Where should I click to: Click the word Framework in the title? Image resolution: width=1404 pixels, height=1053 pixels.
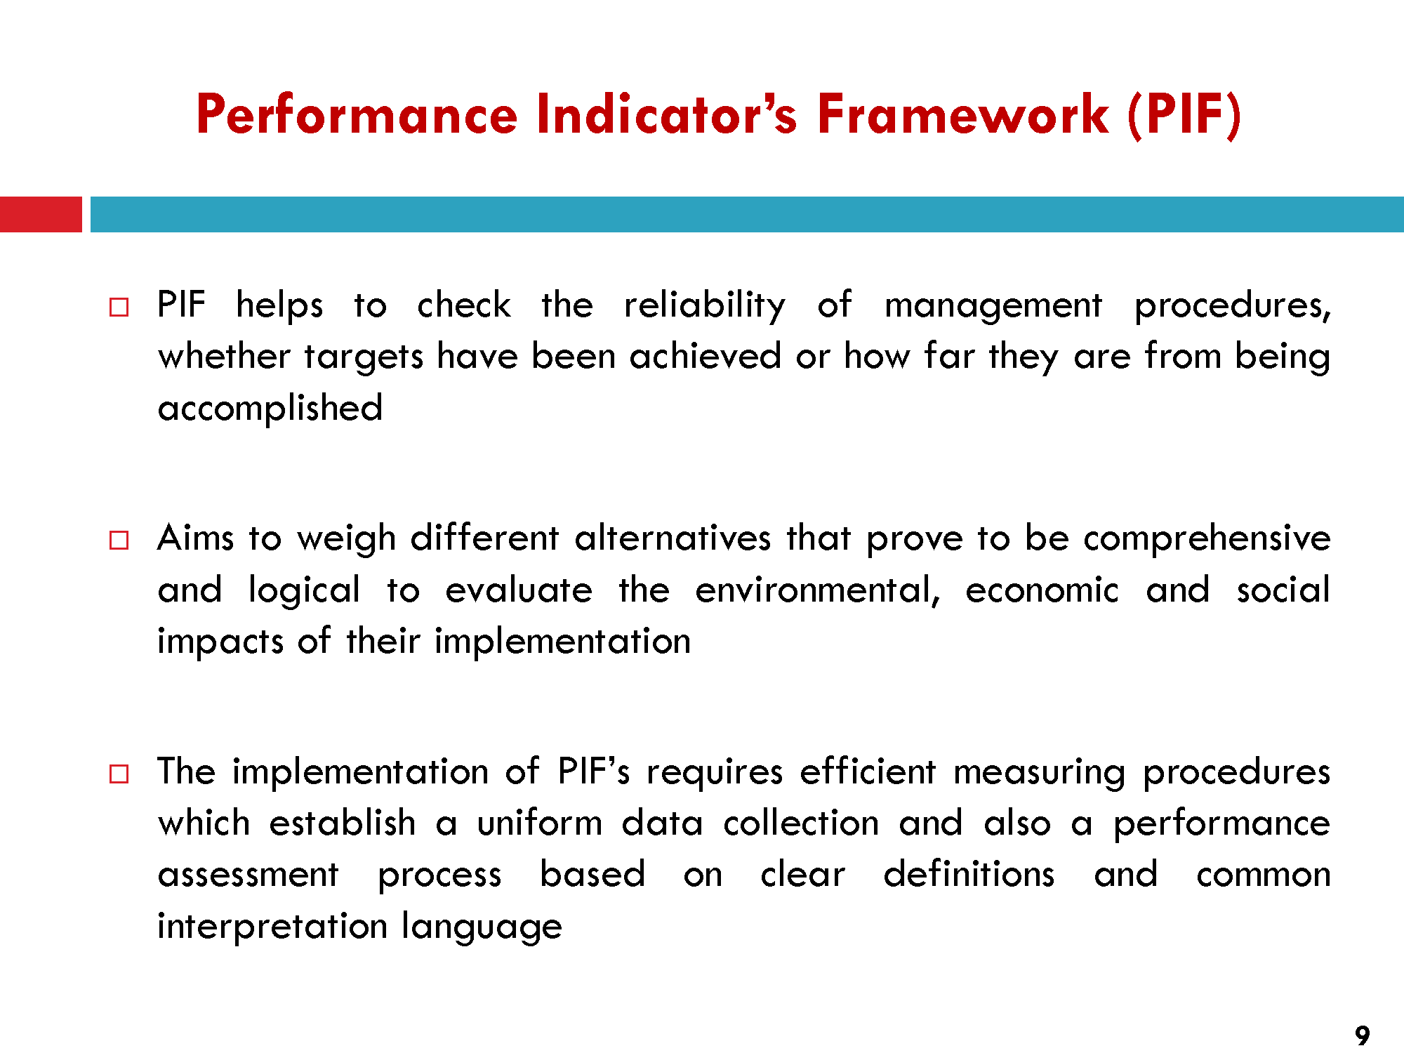963,114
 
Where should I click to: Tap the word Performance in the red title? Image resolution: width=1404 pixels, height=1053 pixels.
357,114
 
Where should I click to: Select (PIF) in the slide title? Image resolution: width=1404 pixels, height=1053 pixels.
1185,115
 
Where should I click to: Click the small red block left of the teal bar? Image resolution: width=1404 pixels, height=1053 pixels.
41,214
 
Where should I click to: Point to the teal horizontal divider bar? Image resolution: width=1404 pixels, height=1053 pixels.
747,214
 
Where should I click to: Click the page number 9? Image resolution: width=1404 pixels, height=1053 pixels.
1362,1035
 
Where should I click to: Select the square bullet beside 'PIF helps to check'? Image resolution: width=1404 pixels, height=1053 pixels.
119,307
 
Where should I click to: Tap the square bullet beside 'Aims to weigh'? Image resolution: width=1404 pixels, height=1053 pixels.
119,541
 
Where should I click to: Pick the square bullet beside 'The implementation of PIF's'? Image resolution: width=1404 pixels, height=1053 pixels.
119,774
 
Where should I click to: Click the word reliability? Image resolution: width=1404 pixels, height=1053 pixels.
705,306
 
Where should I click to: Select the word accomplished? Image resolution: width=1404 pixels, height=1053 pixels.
270,409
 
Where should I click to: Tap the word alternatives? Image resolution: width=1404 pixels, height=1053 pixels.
673,538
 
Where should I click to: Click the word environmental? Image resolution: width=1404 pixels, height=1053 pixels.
817,590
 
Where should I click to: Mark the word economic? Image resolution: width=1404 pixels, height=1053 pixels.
1042,590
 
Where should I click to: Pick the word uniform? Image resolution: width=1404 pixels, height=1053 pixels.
540,823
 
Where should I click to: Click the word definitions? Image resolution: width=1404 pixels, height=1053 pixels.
969,875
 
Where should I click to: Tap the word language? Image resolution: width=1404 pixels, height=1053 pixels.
482,927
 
